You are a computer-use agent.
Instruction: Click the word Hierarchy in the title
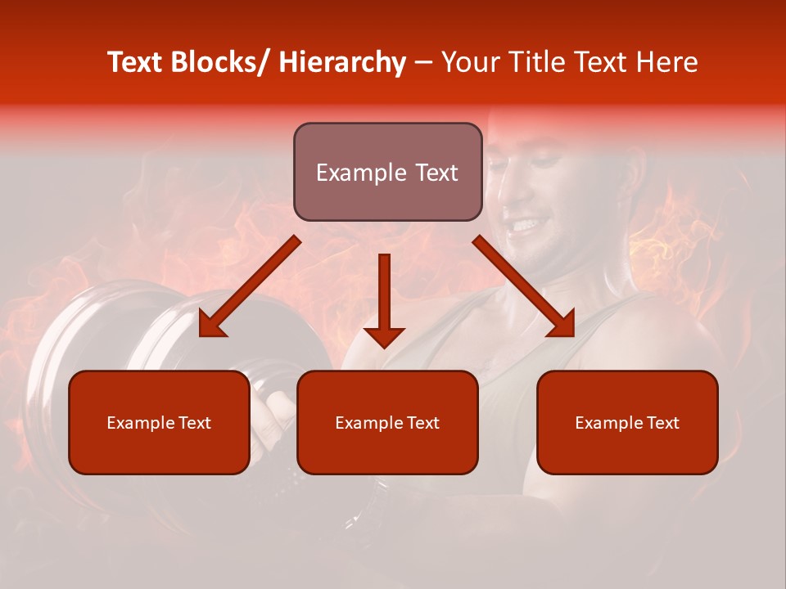342,62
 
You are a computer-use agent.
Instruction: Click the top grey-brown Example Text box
387,172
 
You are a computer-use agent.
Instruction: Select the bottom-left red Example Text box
159,422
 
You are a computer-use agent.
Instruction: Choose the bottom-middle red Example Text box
387,422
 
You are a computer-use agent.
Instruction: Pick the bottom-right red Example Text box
627,422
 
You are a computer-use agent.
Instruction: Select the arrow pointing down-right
524,286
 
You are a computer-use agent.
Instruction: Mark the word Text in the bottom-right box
662,423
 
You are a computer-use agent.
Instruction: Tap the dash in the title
422,63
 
